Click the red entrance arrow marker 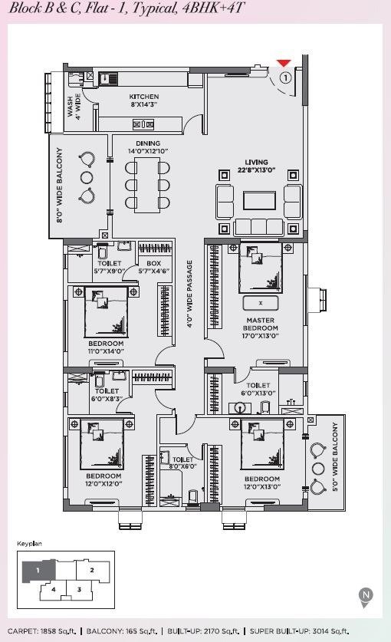pos(284,63)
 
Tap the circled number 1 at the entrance pos(285,77)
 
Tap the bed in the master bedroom pos(261,268)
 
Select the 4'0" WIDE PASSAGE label pos(189,294)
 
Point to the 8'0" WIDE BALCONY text pos(61,186)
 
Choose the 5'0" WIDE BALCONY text pos(335,457)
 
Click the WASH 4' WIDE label pos(74,107)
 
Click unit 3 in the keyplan pos(79,590)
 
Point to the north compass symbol pos(366,597)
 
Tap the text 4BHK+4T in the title pos(213,8)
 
